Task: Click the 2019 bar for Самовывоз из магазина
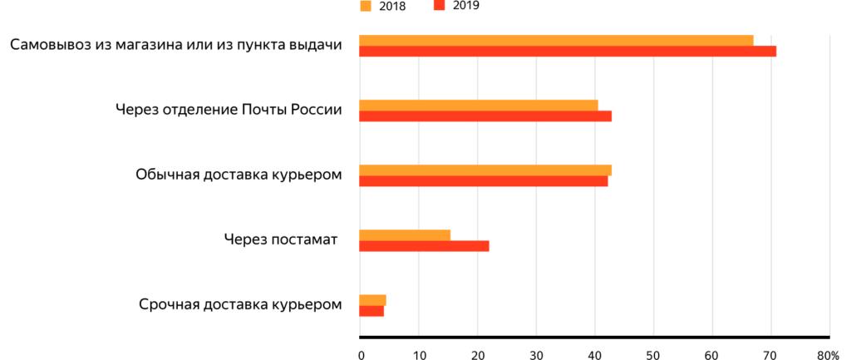pos(567,52)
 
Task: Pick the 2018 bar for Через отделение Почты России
pos(478,105)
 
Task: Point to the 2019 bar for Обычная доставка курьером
pos(483,181)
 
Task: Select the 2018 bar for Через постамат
pos(404,234)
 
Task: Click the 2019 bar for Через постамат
pos(424,246)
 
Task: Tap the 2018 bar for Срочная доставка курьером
pos(372,299)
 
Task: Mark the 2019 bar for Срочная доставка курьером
pos(371,311)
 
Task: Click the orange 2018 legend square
pos(365,7)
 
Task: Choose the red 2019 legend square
pos(440,6)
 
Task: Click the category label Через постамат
pos(280,240)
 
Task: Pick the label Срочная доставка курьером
pos(240,304)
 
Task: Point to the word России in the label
pos(313,110)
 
